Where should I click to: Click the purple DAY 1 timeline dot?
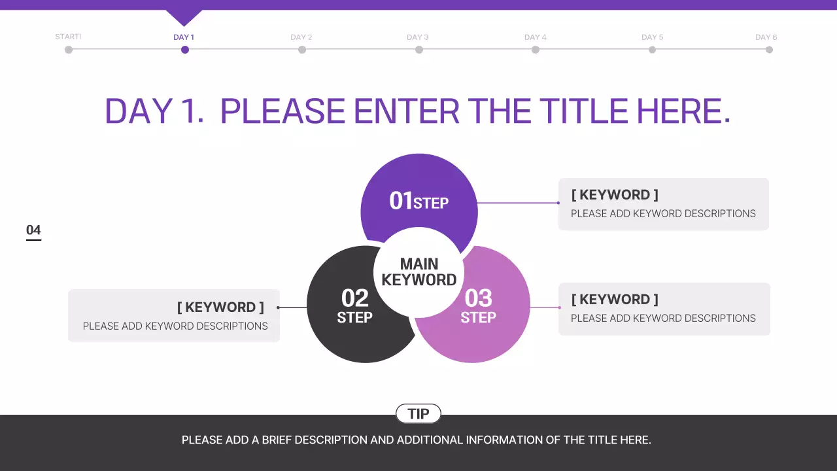tap(185, 50)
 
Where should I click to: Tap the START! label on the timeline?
tap(68, 37)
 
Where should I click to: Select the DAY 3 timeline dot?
tap(419, 50)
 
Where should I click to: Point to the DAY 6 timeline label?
tap(766, 37)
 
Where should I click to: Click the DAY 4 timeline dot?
tap(536, 50)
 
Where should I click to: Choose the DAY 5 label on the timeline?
tap(652, 37)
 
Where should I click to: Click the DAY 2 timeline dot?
tap(302, 50)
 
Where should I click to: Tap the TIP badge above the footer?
tap(418, 413)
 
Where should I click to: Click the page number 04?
tap(33, 230)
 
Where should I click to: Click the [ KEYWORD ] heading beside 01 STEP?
tap(615, 195)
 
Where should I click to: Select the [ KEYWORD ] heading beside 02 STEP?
tap(220, 307)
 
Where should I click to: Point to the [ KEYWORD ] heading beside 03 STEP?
tap(615, 300)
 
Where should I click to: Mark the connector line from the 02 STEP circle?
tap(292, 307)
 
